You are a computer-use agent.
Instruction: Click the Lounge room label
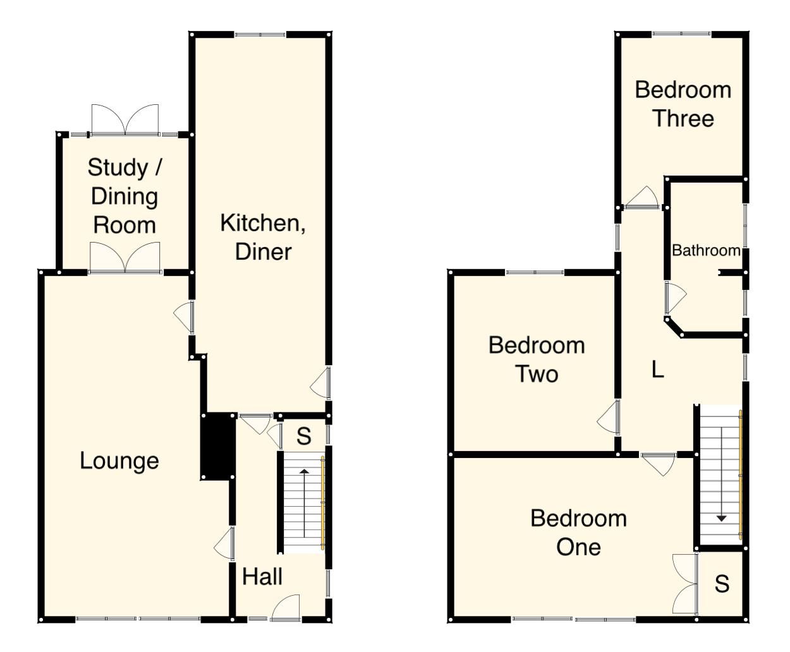click(x=119, y=461)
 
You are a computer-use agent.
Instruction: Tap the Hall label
click(x=262, y=577)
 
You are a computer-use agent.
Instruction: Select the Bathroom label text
click(x=706, y=251)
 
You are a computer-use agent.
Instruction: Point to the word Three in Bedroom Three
click(x=683, y=119)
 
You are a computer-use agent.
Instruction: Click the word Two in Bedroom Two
click(x=537, y=374)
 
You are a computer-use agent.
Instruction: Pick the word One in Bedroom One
click(x=578, y=547)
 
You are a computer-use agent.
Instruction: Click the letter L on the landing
click(x=658, y=370)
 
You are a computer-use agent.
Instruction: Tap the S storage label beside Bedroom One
click(x=722, y=584)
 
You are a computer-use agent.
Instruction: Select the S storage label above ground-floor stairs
click(x=304, y=437)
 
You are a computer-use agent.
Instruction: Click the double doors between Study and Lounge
click(x=125, y=259)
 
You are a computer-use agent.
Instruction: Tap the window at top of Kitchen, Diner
click(x=260, y=35)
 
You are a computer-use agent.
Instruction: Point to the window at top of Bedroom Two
click(x=535, y=272)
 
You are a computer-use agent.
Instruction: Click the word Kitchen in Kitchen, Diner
click(x=262, y=223)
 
